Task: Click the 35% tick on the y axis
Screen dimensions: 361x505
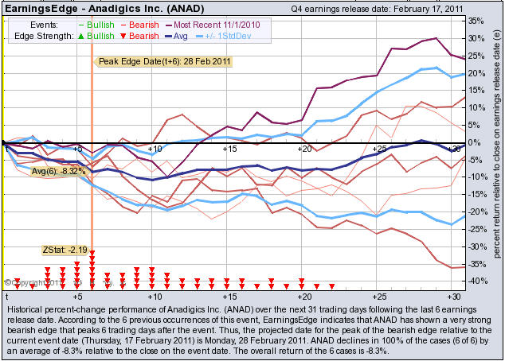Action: (476, 21)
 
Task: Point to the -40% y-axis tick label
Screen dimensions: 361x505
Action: (475, 281)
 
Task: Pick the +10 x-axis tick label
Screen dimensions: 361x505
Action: (155, 149)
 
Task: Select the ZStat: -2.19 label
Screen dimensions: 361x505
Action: (65, 250)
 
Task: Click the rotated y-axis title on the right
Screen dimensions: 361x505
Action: (495, 151)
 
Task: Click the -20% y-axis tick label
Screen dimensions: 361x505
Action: (475, 212)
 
